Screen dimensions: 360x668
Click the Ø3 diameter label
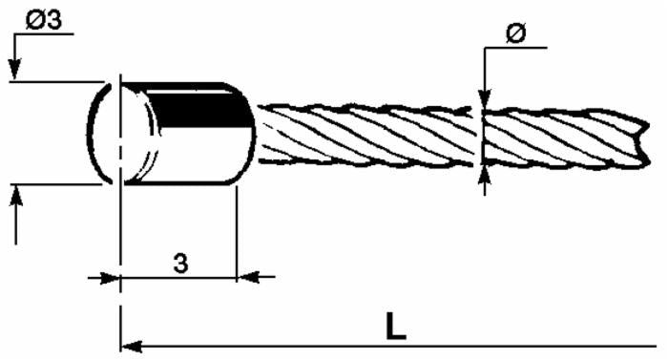[42, 21]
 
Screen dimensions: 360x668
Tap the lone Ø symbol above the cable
[516, 33]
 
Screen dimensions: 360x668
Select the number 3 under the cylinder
[179, 264]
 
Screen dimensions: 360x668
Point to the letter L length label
[396, 326]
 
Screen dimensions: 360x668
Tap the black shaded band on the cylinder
[196, 109]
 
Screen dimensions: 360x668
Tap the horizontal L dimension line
[401, 344]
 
